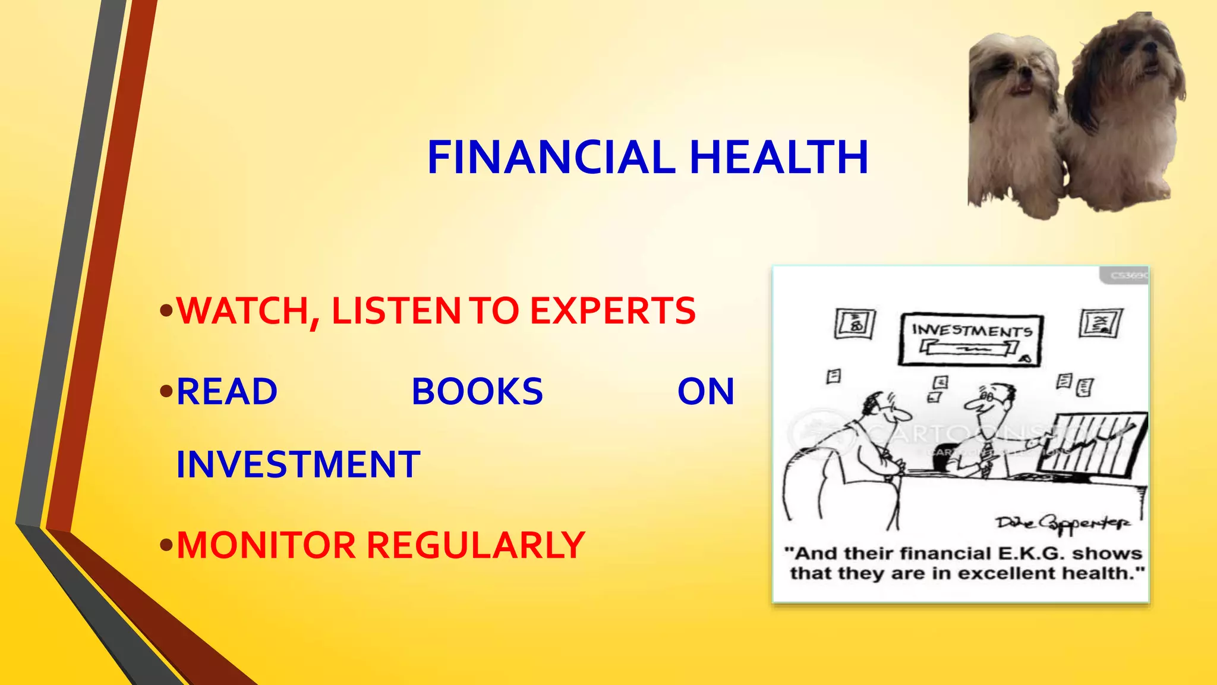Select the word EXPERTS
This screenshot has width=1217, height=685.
click(x=613, y=311)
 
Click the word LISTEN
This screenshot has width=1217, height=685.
click(x=396, y=311)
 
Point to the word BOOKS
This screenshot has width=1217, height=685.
click(x=477, y=392)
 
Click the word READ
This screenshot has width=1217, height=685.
click(x=227, y=392)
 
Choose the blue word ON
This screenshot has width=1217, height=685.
click(x=706, y=392)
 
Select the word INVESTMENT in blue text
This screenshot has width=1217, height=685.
click(x=298, y=464)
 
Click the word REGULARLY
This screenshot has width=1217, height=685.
click(x=475, y=545)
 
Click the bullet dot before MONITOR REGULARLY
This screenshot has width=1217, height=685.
click(x=167, y=545)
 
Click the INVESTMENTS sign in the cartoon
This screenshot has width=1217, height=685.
click(x=971, y=338)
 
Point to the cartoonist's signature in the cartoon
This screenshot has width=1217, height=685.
click(x=1064, y=523)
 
